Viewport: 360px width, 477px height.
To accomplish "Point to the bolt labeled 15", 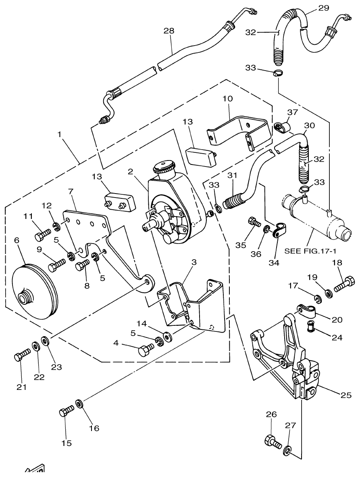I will tap(66, 412).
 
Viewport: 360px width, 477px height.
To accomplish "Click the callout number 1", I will tap(59, 135).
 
